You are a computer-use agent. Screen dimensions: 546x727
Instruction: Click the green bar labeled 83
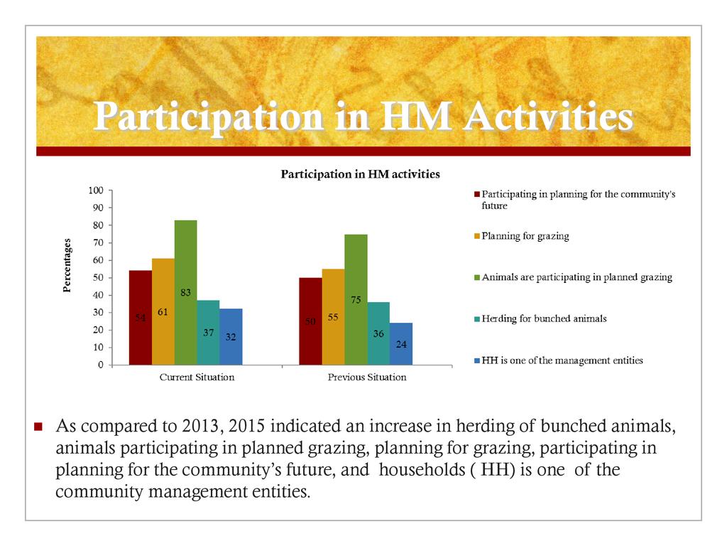pos(185,292)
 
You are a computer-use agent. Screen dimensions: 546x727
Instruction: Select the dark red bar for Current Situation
pos(141,317)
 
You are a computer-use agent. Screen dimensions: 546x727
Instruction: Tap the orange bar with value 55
pos(333,316)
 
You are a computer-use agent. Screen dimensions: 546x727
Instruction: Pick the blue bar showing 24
pos(401,343)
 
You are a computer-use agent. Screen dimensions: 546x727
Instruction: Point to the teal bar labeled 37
pos(208,332)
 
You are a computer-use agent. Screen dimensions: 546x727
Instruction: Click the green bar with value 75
pos(356,299)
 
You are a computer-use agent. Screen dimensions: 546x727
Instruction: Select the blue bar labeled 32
pos(231,336)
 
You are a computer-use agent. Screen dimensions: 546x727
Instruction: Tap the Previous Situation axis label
pos(367,378)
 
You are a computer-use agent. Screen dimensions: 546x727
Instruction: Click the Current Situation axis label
pos(197,378)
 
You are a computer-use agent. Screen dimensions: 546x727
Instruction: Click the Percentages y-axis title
pos(68,265)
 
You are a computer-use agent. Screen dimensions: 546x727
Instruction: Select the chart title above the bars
pos(361,173)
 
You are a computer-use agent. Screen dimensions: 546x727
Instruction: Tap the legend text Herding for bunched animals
pos(545,319)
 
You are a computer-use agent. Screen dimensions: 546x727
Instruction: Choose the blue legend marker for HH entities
pos(477,360)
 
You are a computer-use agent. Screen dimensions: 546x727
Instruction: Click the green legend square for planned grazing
pos(477,278)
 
